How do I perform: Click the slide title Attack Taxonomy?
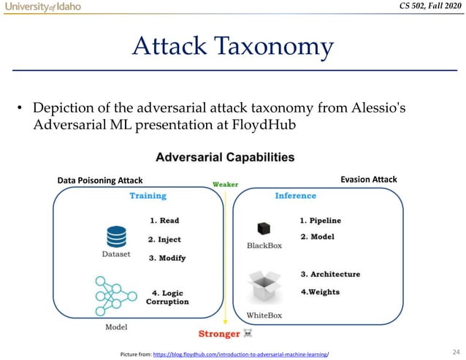click(x=232, y=47)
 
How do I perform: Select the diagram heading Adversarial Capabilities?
click(x=225, y=157)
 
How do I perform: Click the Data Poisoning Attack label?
click(x=99, y=180)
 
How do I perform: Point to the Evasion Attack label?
click(x=369, y=179)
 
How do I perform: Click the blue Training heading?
click(x=148, y=196)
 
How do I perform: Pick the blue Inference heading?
click(x=296, y=196)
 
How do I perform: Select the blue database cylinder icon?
click(x=116, y=237)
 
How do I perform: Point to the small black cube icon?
click(x=264, y=229)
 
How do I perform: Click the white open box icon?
click(x=264, y=286)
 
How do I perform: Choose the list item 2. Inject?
click(x=164, y=239)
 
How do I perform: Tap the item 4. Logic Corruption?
click(x=169, y=296)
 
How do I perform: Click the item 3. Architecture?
click(x=330, y=274)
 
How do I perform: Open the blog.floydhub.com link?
click(x=240, y=354)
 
